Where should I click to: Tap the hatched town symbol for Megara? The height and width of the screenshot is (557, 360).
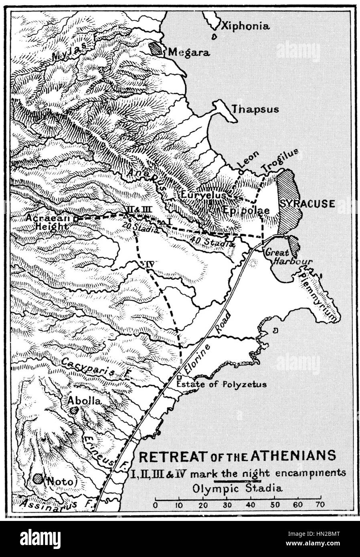point(156,49)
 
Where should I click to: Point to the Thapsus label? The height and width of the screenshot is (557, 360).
point(255,109)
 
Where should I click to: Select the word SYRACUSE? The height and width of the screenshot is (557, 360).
point(307,204)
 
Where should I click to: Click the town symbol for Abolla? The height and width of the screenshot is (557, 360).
point(73,410)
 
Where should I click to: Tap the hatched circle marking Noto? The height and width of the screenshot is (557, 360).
point(38,478)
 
